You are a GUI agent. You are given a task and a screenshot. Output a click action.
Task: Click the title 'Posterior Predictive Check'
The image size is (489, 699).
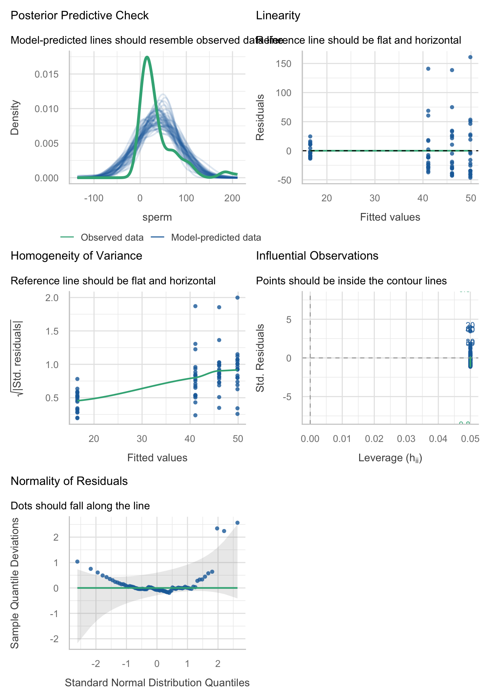click(80, 16)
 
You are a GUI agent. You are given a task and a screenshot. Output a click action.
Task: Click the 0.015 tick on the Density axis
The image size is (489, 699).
click(46, 74)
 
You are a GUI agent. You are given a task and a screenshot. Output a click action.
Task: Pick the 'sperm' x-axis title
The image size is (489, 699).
click(157, 217)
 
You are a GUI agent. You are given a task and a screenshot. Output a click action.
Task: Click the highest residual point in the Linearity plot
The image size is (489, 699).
click(470, 57)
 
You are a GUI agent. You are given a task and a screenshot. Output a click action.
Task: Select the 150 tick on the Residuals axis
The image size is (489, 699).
click(284, 64)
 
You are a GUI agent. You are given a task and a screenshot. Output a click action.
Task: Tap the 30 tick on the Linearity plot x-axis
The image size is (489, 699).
click(375, 198)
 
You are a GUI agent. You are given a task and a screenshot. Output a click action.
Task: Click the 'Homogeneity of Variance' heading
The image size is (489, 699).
click(76, 256)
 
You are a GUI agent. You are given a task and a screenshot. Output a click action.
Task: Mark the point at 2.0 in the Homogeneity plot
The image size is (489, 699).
click(238, 297)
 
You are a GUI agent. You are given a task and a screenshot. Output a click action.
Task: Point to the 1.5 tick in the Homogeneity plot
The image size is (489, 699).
click(52, 331)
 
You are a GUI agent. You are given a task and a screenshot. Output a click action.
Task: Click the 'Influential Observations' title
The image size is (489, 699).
click(317, 256)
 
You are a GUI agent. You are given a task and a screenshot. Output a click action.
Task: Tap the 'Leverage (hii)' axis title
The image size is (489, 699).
click(390, 458)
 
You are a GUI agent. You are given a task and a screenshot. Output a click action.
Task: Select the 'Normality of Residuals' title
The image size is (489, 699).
click(69, 481)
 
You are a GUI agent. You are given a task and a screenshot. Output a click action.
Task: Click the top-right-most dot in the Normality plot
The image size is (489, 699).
click(237, 523)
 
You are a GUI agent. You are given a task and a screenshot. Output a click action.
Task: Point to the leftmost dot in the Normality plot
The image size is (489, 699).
click(77, 562)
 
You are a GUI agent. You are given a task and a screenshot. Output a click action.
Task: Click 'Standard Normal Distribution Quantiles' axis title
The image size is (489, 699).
click(157, 683)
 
